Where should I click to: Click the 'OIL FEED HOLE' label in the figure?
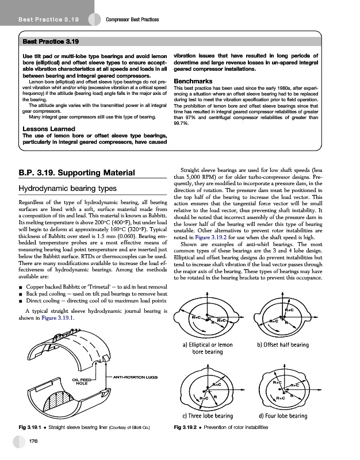tap(82, 382)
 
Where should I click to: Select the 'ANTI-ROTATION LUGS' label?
tap(134, 377)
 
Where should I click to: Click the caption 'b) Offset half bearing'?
tap(284, 344)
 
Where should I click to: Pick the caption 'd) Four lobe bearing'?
tap(284, 416)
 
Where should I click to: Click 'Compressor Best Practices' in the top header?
tap(133, 21)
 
